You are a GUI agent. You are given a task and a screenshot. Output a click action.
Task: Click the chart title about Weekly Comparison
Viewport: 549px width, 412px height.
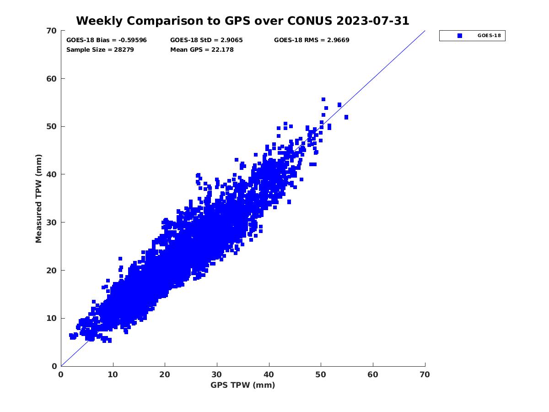point(242,21)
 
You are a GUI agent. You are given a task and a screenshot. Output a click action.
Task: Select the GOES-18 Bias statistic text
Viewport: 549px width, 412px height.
point(107,40)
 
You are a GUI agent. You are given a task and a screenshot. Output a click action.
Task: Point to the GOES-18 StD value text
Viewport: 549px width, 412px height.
point(206,40)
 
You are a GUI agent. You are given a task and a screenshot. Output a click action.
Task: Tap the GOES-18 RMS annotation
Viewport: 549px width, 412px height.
point(312,40)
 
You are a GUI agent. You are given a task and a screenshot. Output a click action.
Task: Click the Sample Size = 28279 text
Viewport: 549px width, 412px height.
point(100,50)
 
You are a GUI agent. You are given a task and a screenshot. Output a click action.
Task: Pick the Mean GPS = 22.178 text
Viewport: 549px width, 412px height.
point(202,50)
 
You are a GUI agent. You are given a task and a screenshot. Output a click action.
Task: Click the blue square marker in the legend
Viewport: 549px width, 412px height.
point(460,36)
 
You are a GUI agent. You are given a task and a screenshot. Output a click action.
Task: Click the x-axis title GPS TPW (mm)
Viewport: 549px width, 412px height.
point(243,385)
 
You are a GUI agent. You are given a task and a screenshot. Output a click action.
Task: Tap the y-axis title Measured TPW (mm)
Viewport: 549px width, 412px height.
point(39,198)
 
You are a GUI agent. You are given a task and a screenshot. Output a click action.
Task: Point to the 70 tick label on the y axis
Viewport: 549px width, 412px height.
point(52,31)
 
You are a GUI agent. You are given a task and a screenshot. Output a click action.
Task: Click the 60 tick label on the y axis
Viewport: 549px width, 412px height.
point(52,79)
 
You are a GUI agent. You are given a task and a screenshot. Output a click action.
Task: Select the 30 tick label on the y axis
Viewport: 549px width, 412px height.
point(52,222)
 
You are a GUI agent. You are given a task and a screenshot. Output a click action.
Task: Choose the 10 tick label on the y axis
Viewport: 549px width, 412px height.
point(52,318)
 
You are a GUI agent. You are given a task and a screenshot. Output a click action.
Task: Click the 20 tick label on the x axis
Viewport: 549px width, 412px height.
point(165,375)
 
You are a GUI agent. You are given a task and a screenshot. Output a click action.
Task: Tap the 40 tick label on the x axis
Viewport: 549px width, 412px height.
point(269,375)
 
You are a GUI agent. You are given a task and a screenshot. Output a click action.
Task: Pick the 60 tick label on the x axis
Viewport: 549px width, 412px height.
point(373,375)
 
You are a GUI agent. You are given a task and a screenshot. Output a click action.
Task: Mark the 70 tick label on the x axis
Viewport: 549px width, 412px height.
point(425,375)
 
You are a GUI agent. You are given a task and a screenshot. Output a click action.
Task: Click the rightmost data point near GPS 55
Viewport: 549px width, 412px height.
point(346,117)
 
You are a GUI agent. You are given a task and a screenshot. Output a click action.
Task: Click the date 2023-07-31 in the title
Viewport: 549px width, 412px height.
point(372,21)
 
